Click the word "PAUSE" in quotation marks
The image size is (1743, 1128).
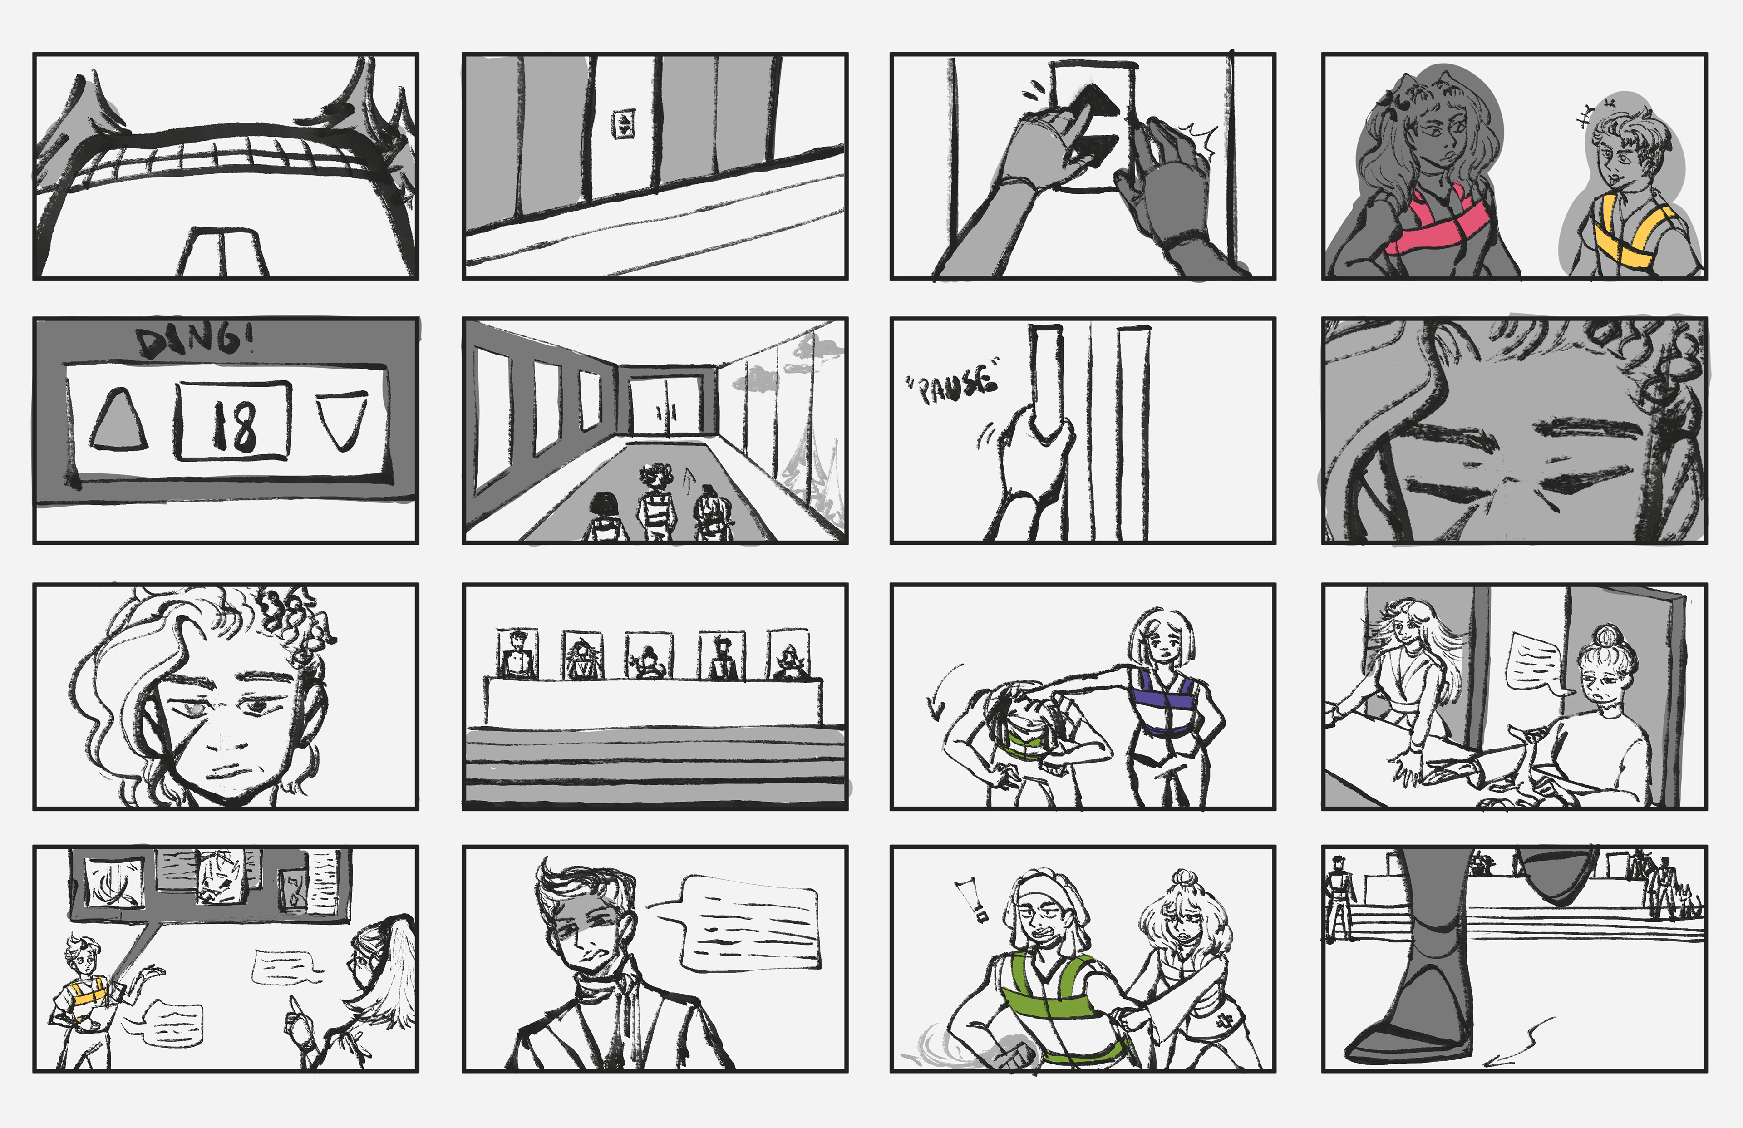point(952,381)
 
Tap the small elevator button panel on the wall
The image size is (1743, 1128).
point(623,124)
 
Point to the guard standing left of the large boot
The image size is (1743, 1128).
point(1339,897)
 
